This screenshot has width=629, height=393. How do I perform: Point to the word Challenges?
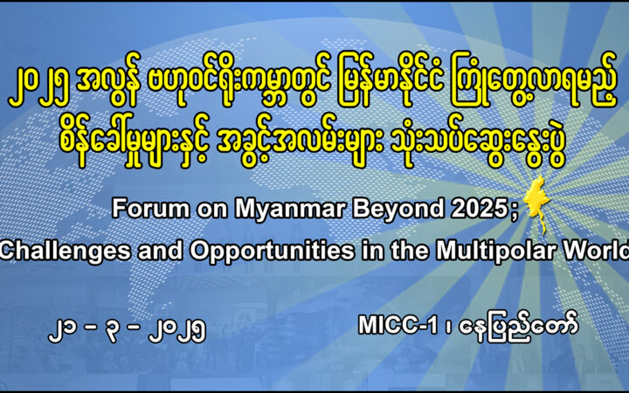(x=66, y=252)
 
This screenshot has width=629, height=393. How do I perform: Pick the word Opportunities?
(x=272, y=252)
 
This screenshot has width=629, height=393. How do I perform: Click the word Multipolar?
(x=495, y=251)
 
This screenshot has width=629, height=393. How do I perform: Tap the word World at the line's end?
(x=595, y=250)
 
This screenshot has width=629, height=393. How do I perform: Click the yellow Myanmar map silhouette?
(x=537, y=203)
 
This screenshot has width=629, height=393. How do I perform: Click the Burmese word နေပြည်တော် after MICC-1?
(x=519, y=327)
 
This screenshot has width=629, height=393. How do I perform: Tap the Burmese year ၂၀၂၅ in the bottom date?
(x=177, y=332)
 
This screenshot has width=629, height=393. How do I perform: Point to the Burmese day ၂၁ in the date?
(x=63, y=332)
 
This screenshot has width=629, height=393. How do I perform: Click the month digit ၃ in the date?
(x=113, y=332)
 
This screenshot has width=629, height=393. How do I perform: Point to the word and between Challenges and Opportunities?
(x=161, y=251)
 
